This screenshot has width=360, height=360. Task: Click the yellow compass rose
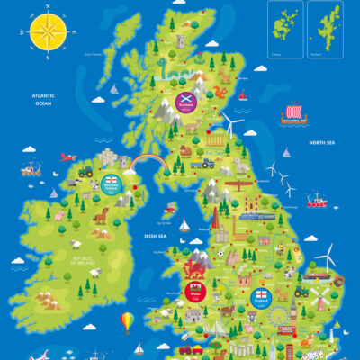[x=48, y=33]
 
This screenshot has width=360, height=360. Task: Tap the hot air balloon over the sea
[x=128, y=320]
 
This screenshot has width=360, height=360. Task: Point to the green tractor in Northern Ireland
[x=86, y=169]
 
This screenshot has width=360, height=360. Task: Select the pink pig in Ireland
[x=59, y=216]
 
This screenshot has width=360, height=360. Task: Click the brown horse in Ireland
[x=100, y=216]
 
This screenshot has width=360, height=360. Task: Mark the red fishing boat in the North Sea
[x=317, y=200]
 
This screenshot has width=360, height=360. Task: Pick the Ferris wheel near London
[x=278, y=316]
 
